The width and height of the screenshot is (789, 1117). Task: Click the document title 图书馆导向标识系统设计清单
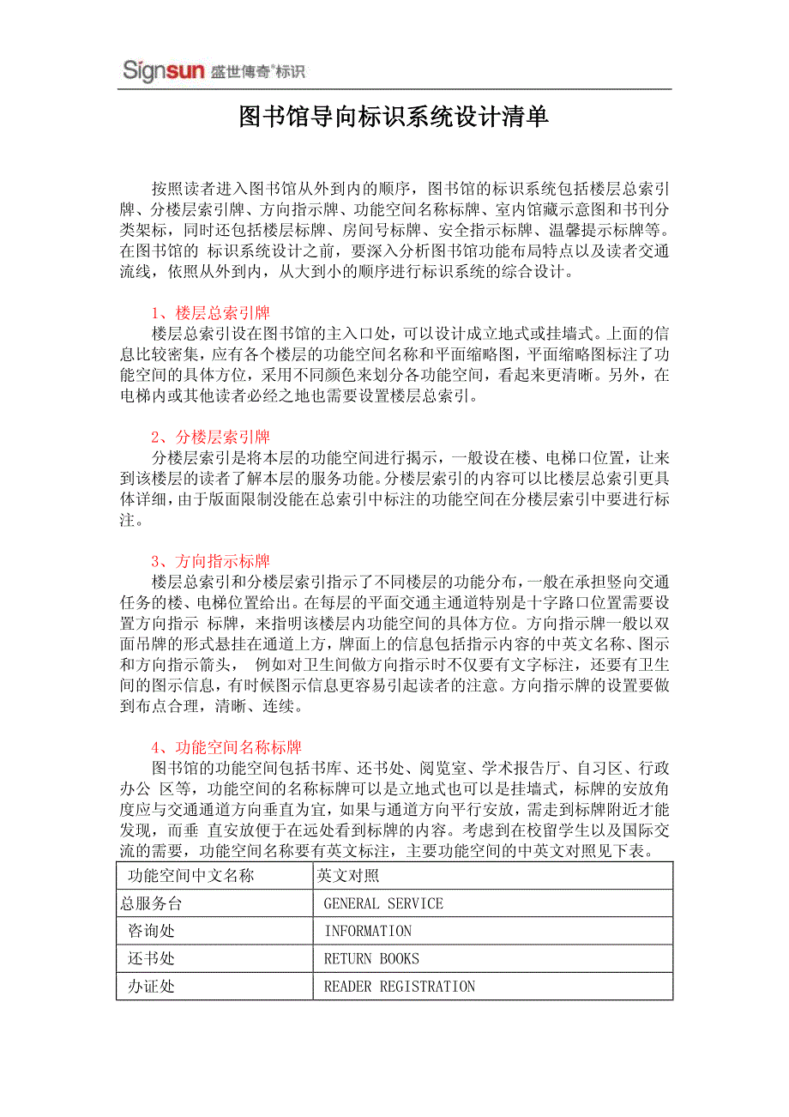coord(394,117)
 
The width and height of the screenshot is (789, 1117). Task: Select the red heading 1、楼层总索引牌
coord(210,312)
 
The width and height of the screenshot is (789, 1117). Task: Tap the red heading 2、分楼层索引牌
coord(210,438)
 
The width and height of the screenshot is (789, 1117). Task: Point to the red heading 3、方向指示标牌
coord(210,562)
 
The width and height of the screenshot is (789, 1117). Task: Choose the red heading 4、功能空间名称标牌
coord(226,748)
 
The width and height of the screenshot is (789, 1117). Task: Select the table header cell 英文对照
coord(348,876)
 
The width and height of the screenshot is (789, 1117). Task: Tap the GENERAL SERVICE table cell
coord(383,903)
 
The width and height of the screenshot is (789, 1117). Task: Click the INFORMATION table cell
coord(368,931)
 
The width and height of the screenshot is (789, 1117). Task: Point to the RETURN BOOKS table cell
coord(371,958)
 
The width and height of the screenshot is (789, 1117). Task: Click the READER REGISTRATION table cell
coord(399,987)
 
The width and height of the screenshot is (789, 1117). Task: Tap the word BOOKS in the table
coord(400,958)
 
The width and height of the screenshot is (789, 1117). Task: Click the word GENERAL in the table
coord(352,903)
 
